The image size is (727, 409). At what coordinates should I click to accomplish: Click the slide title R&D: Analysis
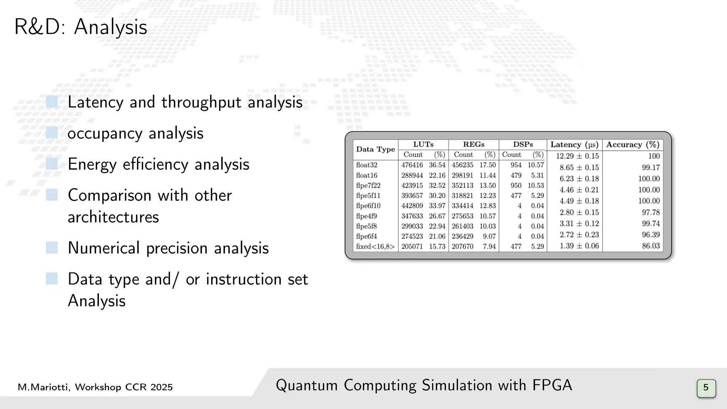click(x=81, y=27)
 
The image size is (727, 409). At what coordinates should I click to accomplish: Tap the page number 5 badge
click(x=706, y=388)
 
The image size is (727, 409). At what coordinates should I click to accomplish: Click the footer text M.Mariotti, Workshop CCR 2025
click(x=95, y=387)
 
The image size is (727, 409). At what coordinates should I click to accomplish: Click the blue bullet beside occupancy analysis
click(x=52, y=133)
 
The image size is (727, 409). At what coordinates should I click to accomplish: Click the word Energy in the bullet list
click(x=92, y=164)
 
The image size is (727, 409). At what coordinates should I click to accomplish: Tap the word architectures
click(x=113, y=217)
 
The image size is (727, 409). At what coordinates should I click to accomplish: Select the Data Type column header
click(x=375, y=149)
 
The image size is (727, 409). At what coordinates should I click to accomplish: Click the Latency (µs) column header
click(x=574, y=145)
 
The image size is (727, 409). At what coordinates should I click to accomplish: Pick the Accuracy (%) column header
click(x=633, y=145)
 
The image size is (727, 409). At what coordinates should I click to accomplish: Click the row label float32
click(x=367, y=165)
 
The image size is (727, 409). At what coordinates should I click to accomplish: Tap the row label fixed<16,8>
click(x=375, y=246)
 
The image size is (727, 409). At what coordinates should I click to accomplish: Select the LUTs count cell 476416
click(x=412, y=165)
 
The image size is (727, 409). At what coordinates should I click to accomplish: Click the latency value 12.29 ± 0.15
click(x=577, y=156)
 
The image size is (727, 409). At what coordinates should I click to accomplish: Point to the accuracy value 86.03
click(x=651, y=246)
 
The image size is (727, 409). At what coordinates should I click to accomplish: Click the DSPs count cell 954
click(x=516, y=165)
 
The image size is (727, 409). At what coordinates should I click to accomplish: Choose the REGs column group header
click(x=474, y=144)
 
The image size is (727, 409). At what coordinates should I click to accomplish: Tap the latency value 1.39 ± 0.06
click(x=579, y=246)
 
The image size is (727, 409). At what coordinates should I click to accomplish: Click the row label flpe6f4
click(x=366, y=236)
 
